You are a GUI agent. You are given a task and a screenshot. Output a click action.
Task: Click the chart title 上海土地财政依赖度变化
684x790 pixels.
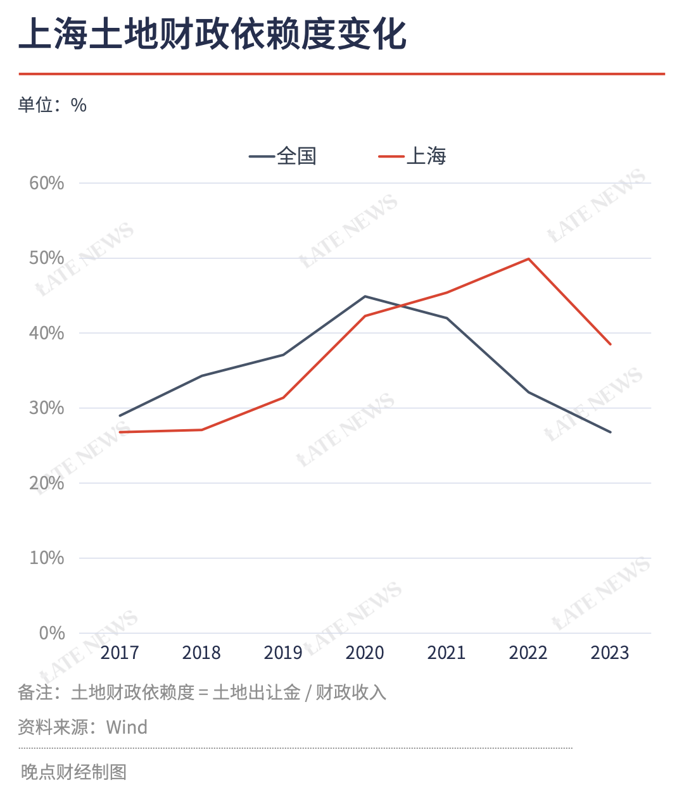(213, 35)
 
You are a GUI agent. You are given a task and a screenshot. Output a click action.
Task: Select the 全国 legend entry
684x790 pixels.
(282, 156)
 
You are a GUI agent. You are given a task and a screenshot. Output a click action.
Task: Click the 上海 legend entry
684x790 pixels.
(412, 156)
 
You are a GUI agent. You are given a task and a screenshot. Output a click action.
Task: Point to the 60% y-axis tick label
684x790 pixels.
(47, 183)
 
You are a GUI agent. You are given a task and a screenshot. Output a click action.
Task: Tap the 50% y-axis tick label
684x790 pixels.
(47, 258)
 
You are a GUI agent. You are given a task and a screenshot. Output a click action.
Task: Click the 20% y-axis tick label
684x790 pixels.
(47, 483)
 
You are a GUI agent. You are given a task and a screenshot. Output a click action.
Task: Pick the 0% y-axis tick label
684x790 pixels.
(51, 633)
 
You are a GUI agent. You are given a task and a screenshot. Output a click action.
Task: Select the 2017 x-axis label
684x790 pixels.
(120, 653)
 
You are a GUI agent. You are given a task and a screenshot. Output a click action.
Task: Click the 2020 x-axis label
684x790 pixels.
(365, 653)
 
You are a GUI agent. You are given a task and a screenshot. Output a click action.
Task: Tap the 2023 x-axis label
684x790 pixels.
(610, 653)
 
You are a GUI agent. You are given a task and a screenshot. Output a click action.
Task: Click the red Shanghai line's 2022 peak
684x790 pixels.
(528, 259)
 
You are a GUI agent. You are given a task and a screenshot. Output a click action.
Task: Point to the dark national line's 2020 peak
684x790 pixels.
(365, 296)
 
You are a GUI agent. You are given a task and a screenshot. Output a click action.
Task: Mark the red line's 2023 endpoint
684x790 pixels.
(610, 344)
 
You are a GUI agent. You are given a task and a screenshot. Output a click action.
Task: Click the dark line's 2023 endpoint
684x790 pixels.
(610, 432)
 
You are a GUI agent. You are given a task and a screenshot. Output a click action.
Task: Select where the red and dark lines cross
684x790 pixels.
(400, 306)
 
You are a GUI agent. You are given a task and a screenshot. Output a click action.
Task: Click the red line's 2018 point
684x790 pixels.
(201, 430)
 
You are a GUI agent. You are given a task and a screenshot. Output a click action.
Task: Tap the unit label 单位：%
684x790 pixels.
(53, 104)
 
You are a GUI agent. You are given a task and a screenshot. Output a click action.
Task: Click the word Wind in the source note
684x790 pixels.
(127, 727)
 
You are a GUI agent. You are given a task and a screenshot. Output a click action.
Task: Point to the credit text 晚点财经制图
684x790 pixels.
(73, 772)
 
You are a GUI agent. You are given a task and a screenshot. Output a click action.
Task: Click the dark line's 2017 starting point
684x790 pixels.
(120, 415)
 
